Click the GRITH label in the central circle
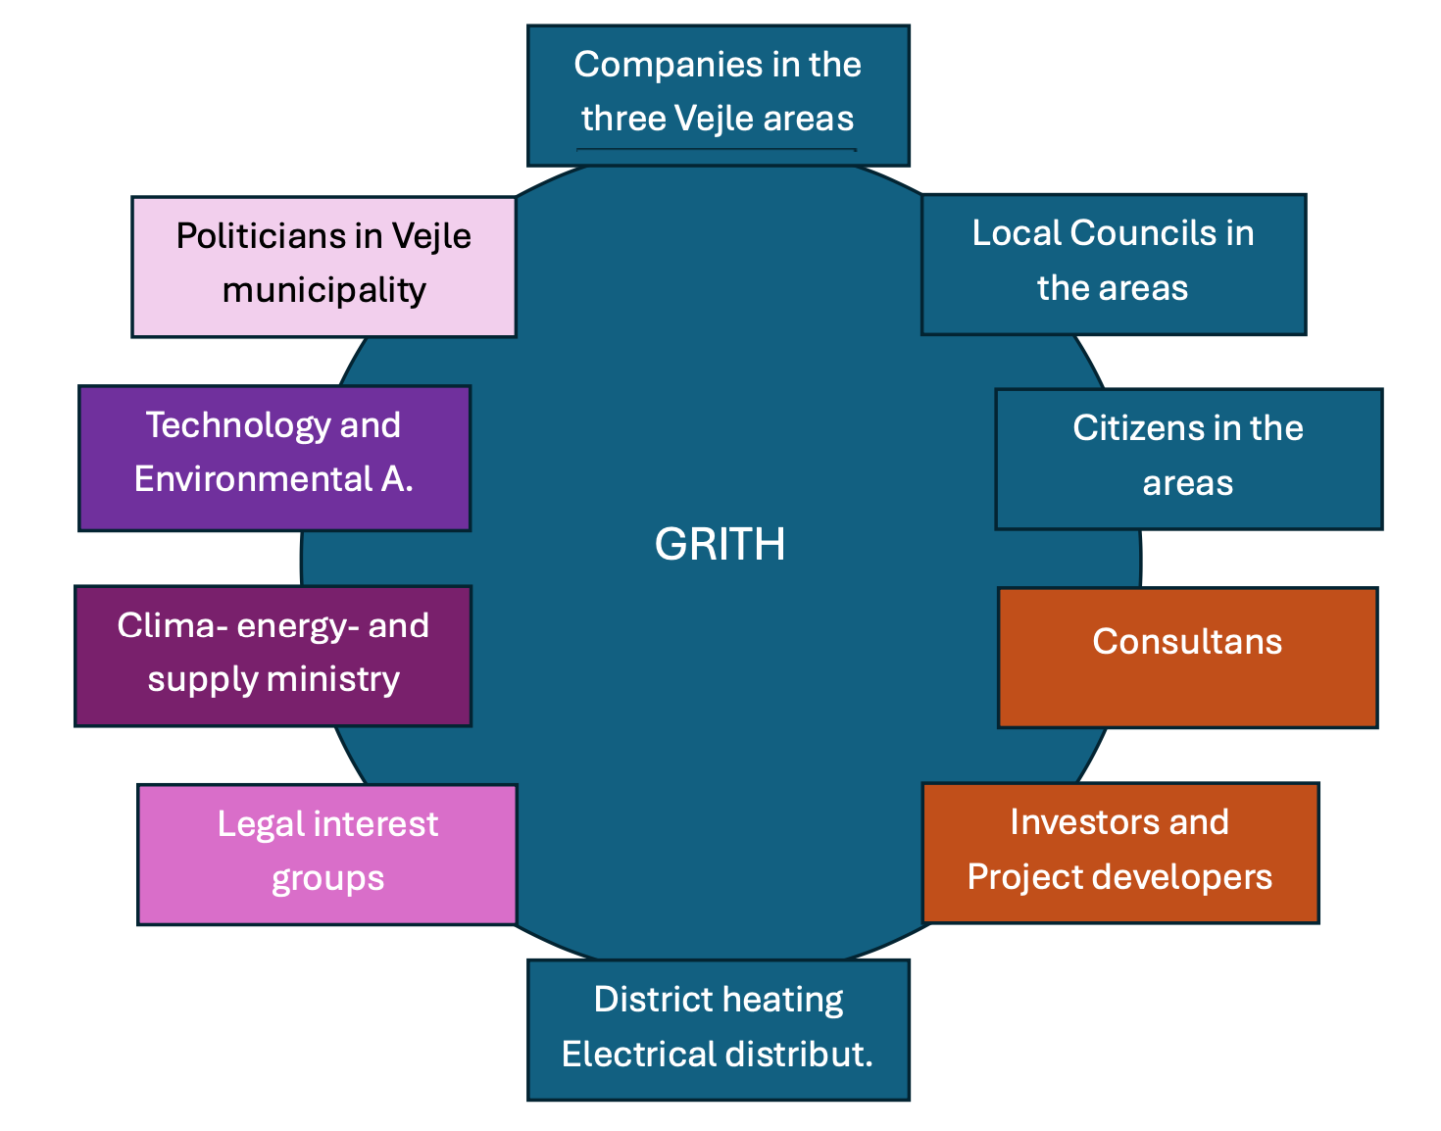tap(720, 544)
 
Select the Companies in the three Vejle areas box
tap(718, 95)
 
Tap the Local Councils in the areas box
tap(1113, 264)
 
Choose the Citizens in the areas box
tap(1188, 459)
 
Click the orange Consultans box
tap(1187, 658)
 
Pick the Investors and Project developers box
tap(1119, 852)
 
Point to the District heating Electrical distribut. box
tap(718, 1029)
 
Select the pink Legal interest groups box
tap(326, 854)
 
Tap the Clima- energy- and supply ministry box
tap(273, 656)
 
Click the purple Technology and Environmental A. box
tap(273, 458)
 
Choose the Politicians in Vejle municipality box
tap(323, 267)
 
